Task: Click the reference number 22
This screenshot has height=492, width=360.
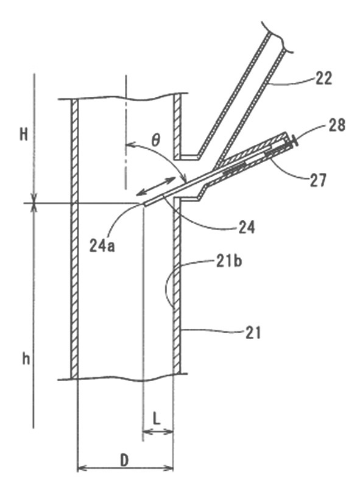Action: tap(323, 79)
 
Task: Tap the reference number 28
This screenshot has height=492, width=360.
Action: tap(337, 125)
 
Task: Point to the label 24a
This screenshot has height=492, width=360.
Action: tap(102, 245)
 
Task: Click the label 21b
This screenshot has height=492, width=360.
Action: tap(229, 261)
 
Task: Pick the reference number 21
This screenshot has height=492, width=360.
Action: tap(253, 332)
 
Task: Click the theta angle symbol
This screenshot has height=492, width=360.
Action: tap(155, 141)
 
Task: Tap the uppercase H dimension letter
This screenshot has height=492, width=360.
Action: tap(24, 135)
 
